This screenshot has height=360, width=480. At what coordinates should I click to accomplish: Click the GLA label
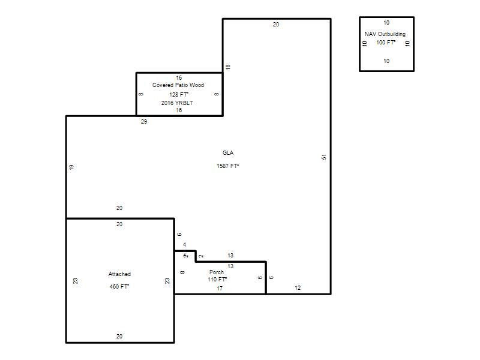coord(228,153)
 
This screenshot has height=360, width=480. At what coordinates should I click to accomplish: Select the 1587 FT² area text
coord(228,166)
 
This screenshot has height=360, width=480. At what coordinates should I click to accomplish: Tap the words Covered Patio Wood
coord(178,85)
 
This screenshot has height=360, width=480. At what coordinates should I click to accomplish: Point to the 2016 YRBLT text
coord(177,103)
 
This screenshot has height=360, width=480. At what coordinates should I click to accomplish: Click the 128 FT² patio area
coord(179,95)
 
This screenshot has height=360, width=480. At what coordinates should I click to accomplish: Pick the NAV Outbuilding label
coord(385,34)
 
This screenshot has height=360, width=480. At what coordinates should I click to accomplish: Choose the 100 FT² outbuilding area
coord(386,43)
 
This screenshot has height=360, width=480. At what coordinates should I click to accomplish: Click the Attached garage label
coord(119,274)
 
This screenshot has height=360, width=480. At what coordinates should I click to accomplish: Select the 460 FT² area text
coord(119,287)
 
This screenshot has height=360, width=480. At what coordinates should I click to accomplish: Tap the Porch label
coord(217,272)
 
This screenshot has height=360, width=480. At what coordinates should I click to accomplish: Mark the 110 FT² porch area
coord(217,280)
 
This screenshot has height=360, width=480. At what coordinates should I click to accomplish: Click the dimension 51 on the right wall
coord(324,157)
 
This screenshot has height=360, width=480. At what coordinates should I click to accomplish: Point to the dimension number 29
coord(144,122)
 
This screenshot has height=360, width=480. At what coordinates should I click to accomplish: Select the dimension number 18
coord(228,67)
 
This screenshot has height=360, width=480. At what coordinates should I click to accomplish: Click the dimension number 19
coord(71,167)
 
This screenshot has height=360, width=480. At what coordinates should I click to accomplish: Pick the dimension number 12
coord(298,288)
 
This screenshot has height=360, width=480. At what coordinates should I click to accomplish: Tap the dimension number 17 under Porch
coord(220,289)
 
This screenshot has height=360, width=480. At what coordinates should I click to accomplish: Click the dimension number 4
coord(185,245)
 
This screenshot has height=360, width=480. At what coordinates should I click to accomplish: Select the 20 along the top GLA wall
coord(276,25)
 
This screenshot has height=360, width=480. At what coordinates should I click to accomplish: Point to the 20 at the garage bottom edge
coord(119,337)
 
